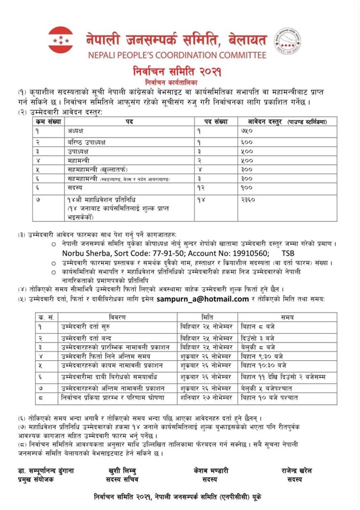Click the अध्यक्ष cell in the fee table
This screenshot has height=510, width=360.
tap(77, 132)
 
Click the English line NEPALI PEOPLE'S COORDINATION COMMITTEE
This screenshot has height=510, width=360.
tap(180, 56)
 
